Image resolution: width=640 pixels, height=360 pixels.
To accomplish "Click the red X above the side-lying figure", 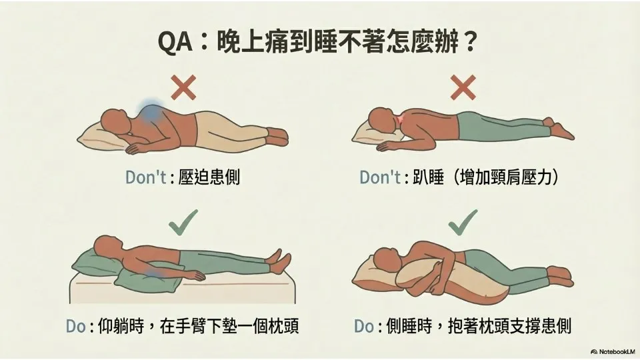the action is pyautogui.click(x=183, y=87).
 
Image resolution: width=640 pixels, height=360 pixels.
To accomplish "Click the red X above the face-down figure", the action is pyautogui.click(x=463, y=87).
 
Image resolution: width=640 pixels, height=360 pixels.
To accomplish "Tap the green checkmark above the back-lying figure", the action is pyautogui.click(x=183, y=223).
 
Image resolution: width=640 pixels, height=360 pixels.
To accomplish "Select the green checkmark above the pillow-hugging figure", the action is pyautogui.click(x=463, y=223).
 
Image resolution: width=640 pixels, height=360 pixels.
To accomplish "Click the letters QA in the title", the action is pyautogui.click(x=175, y=41).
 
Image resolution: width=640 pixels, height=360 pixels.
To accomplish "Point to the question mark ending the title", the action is pyautogui.click(x=470, y=41).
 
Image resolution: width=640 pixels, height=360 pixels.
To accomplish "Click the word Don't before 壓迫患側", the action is pyautogui.click(x=146, y=177).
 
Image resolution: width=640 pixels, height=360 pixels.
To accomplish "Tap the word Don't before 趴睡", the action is pyautogui.click(x=380, y=177).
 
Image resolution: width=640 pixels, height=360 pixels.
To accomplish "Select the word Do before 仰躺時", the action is pyautogui.click(x=76, y=327).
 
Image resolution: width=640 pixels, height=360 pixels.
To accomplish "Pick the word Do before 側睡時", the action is pyautogui.click(x=364, y=327).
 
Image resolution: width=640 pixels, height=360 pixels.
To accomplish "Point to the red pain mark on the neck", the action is pyautogui.click(x=400, y=119).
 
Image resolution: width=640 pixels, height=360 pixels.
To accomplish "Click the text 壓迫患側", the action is pyautogui.click(x=209, y=177).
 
